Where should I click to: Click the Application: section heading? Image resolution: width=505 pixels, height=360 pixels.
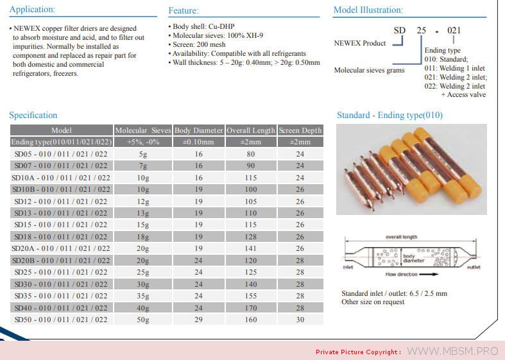(32, 10)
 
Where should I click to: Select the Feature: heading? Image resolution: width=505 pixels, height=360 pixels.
(184, 11)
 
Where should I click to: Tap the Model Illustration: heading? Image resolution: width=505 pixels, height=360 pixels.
(368, 10)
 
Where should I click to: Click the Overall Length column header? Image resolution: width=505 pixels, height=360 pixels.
(250, 130)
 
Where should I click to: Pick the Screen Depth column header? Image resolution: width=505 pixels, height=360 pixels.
(300, 130)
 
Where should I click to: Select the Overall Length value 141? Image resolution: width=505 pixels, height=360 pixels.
(250, 248)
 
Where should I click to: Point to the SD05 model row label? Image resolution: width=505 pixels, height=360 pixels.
(61, 154)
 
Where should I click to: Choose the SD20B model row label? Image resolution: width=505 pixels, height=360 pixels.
(61, 261)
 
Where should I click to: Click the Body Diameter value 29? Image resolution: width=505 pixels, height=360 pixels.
(199, 319)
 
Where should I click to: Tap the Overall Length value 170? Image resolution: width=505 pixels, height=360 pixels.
(250, 307)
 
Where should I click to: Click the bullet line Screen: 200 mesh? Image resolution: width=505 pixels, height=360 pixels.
(200, 45)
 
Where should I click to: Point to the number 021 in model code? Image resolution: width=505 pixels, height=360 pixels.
(454, 30)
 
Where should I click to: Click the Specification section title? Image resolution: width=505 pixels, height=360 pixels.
(33, 116)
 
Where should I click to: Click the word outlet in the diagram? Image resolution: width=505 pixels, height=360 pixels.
(474, 267)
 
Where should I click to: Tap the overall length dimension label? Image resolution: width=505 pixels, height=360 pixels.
(401, 237)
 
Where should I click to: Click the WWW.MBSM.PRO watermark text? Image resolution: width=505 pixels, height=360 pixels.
(453, 351)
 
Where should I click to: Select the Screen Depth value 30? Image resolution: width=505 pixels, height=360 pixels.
(300, 319)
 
